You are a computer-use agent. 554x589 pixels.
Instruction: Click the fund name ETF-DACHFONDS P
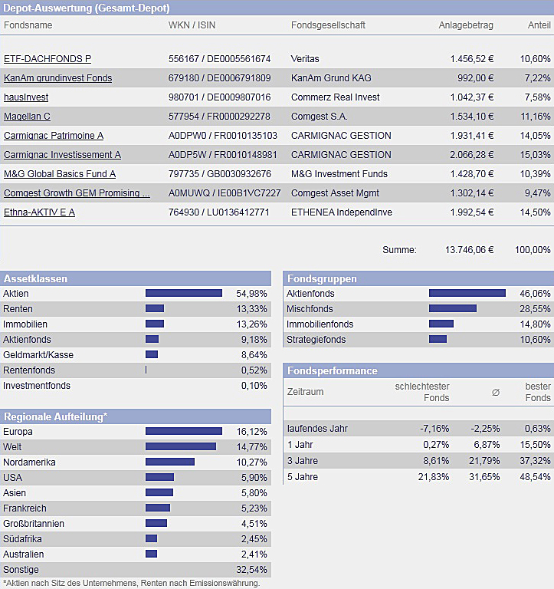click(48, 59)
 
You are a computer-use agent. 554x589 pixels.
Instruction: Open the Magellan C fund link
click(27, 117)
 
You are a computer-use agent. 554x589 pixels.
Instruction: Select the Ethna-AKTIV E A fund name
click(39, 212)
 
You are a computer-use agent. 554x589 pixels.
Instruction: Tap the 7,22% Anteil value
click(536, 78)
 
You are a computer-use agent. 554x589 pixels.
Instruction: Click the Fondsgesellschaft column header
click(328, 25)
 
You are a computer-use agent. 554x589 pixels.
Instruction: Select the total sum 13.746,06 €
click(469, 250)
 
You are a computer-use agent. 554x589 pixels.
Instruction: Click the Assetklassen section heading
click(35, 278)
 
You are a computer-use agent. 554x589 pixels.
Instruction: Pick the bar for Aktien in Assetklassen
click(184, 293)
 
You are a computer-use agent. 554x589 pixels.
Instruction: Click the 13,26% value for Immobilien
click(252, 324)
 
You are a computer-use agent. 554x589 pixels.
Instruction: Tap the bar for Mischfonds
click(453, 308)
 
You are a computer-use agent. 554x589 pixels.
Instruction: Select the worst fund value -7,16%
click(434, 428)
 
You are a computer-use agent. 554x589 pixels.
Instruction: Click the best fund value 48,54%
click(536, 477)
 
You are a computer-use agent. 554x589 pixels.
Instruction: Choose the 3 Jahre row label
click(301, 461)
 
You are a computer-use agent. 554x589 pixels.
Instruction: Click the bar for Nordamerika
click(170, 462)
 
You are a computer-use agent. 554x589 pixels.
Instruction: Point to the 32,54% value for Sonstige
click(252, 570)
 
